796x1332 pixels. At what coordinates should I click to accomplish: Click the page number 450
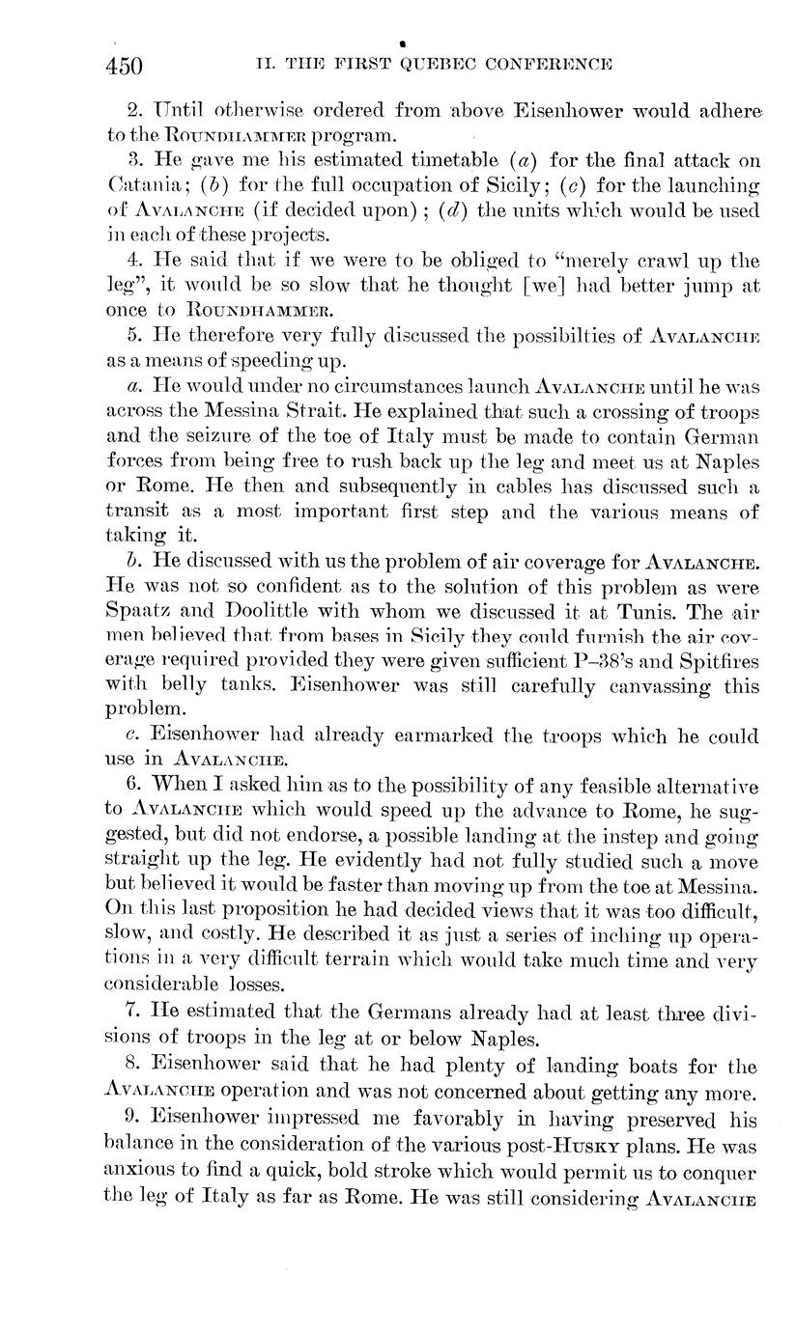click(125, 66)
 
